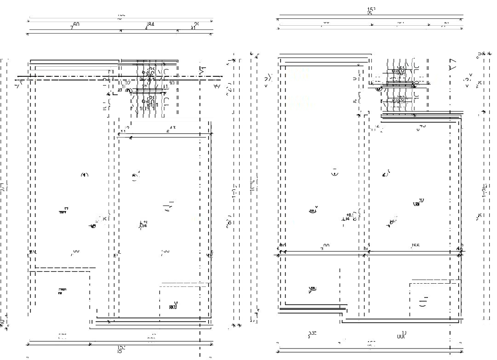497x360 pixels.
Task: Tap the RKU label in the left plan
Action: click(x=173, y=307)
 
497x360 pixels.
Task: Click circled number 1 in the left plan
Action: click(x=85, y=175)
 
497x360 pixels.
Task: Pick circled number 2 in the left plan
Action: click(x=135, y=176)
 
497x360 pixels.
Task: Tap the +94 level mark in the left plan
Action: click(x=143, y=224)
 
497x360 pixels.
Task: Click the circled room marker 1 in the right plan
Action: click(x=335, y=173)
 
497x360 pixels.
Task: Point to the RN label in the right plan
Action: click(x=418, y=203)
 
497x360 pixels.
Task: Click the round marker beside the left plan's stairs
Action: click(x=128, y=91)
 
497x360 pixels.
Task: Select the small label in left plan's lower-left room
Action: click(x=62, y=290)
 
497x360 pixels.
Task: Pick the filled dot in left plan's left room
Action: click(x=93, y=226)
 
